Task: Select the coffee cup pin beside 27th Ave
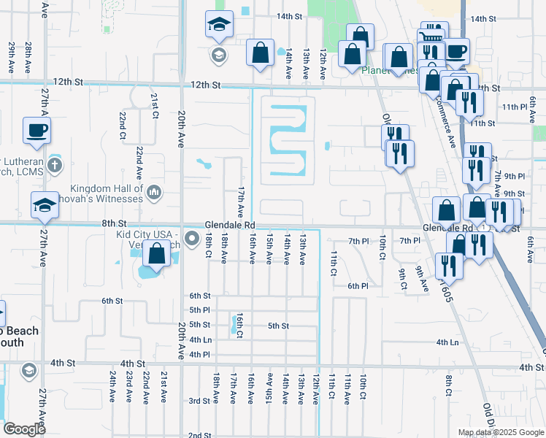[x=36, y=131]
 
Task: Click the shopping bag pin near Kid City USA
[x=157, y=255]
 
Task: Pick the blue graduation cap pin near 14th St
[x=218, y=26]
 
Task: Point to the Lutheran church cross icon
[x=54, y=164]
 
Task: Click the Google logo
[x=25, y=429]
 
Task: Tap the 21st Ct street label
[x=155, y=106]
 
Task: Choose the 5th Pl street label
[x=199, y=310]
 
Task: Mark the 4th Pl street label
[x=199, y=354]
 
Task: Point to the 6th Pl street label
[x=358, y=286]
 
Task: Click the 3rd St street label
[x=199, y=401]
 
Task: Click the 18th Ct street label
[x=208, y=246]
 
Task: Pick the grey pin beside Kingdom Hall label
[x=153, y=193]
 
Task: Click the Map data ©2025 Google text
[x=501, y=432]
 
